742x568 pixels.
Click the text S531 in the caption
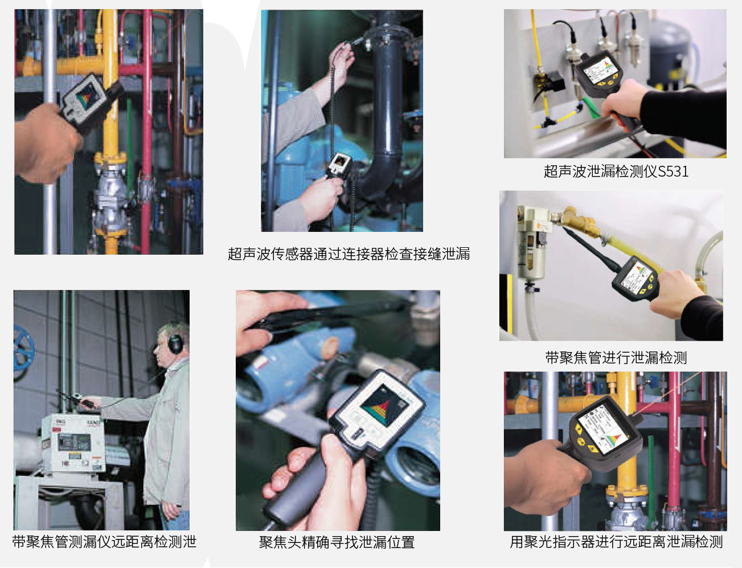(x=673, y=171)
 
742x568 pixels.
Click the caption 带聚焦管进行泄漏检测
(x=616, y=358)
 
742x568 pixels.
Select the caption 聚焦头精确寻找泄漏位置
(x=337, y=542)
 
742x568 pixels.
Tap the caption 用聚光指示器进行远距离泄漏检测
(x=616, y=542)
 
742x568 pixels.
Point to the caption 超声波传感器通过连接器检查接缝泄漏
(x=349, y=254)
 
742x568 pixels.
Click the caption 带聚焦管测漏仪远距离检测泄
(x=104, y=542)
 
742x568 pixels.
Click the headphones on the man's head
(x=175, y=342)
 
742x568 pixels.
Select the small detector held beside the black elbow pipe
(x=338, y=166)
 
